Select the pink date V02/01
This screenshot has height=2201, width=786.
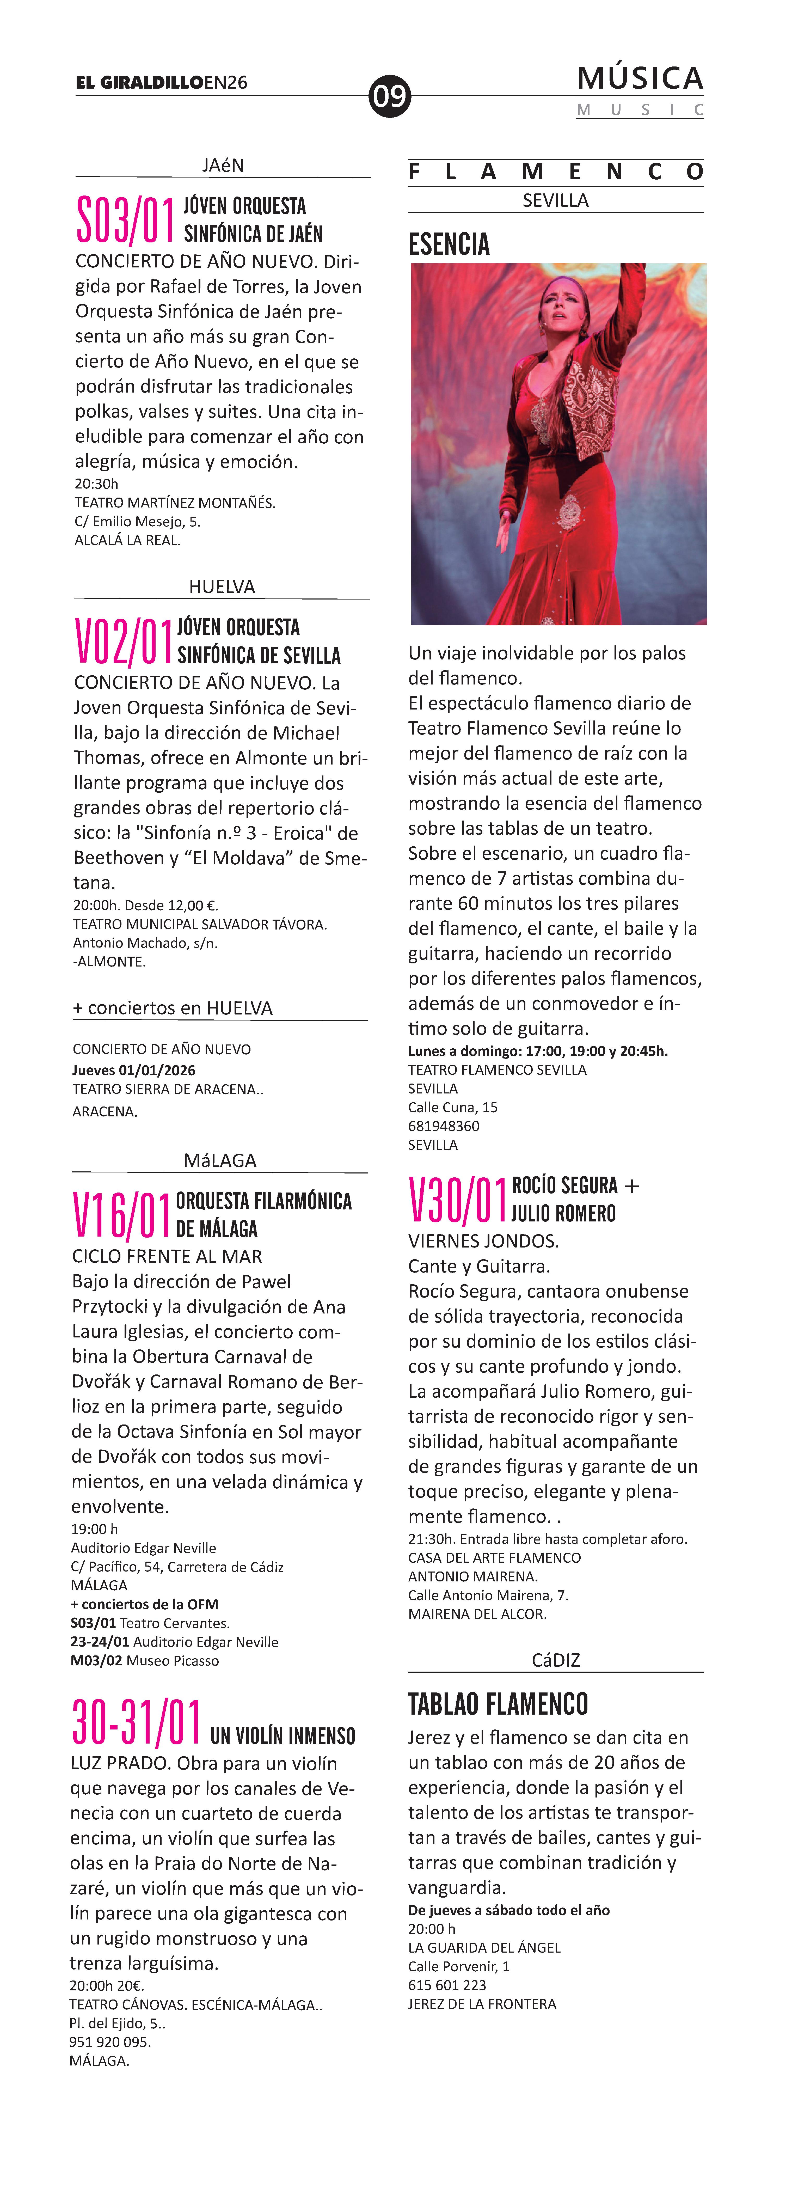pyautogui.click(x=123, y=642)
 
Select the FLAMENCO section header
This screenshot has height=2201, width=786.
pyautogui.click(x=555, y=172)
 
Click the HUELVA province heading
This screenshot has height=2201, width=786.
pyautogui.click(x=221, y=586)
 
